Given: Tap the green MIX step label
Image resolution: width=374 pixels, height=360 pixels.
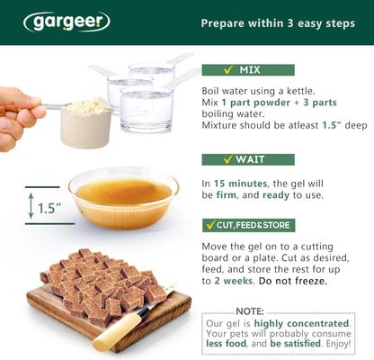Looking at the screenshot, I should pos(236,69).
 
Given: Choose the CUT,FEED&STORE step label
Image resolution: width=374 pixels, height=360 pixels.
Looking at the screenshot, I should pos(247,223).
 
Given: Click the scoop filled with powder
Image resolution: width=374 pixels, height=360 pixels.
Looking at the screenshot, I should pos(85,121).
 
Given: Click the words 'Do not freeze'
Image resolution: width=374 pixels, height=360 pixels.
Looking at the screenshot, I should pos(287,280).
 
